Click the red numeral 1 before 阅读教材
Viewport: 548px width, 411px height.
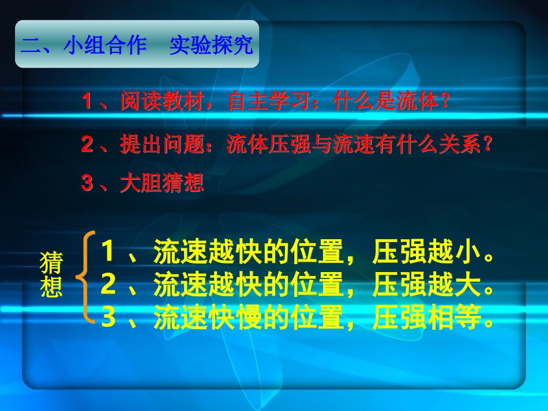coord(88,103)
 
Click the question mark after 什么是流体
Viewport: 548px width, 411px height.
coord(444,103)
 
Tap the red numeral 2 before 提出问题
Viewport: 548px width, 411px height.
coord(88,145)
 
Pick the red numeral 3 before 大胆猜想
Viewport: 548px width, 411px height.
coord(88,184)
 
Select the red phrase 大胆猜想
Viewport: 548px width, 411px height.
coord(162,184)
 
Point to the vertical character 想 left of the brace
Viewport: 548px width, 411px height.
coord(51,286)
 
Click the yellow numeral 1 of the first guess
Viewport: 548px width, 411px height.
coord(108,251)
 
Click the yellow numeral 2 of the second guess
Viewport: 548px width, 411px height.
coord(108,284)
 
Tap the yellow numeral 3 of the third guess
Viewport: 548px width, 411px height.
coord(108,318)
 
